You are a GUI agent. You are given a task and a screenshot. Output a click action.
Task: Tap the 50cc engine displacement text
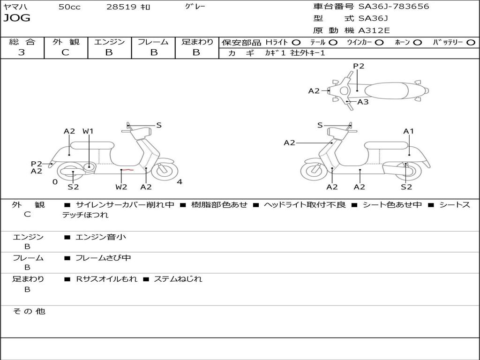[69, 7]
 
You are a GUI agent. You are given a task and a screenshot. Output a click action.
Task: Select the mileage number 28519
[121, 7]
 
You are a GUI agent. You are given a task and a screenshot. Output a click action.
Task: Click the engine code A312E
[374, 31]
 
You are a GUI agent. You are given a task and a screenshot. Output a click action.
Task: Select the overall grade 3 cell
[22, 52]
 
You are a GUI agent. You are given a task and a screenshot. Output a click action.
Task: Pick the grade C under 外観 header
[65, 52]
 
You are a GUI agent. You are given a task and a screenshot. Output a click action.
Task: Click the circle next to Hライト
[296, 42]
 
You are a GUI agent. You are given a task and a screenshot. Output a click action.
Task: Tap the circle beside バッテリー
[471, 42]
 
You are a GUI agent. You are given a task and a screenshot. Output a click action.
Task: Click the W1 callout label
[88, 131]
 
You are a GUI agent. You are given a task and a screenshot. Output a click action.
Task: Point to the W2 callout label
[121, 187]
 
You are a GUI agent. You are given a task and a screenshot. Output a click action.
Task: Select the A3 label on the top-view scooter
[363, 102]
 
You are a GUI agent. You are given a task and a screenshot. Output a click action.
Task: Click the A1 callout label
[409, 131]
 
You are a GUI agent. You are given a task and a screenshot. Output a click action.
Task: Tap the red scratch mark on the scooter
[128, 170]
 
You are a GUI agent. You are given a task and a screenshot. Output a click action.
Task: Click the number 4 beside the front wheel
[180, 182]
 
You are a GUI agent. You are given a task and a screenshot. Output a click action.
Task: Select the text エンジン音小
[101, 237]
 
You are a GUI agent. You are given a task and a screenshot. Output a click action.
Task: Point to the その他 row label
[29, 311]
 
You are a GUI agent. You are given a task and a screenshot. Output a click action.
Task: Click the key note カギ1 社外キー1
[295, 53]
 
